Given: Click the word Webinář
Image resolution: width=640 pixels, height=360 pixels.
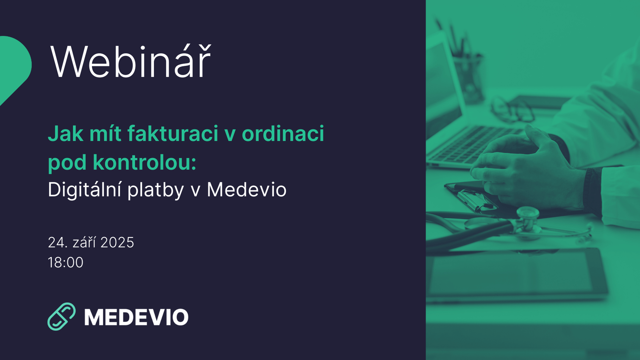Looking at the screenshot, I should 130,62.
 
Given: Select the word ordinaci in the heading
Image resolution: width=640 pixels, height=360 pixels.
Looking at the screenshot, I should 283,134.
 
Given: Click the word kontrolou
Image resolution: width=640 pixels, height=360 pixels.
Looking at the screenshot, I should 144,162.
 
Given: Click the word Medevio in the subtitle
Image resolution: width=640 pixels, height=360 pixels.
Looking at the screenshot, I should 246,190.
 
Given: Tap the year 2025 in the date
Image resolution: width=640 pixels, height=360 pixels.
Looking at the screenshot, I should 117,243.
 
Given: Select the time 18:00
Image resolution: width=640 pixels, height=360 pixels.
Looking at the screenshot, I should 66,262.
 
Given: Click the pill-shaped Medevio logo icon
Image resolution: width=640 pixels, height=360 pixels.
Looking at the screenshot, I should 61,316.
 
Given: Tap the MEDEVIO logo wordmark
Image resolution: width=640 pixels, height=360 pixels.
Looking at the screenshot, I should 136,317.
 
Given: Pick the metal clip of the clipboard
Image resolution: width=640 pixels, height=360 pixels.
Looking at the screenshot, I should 475,199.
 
